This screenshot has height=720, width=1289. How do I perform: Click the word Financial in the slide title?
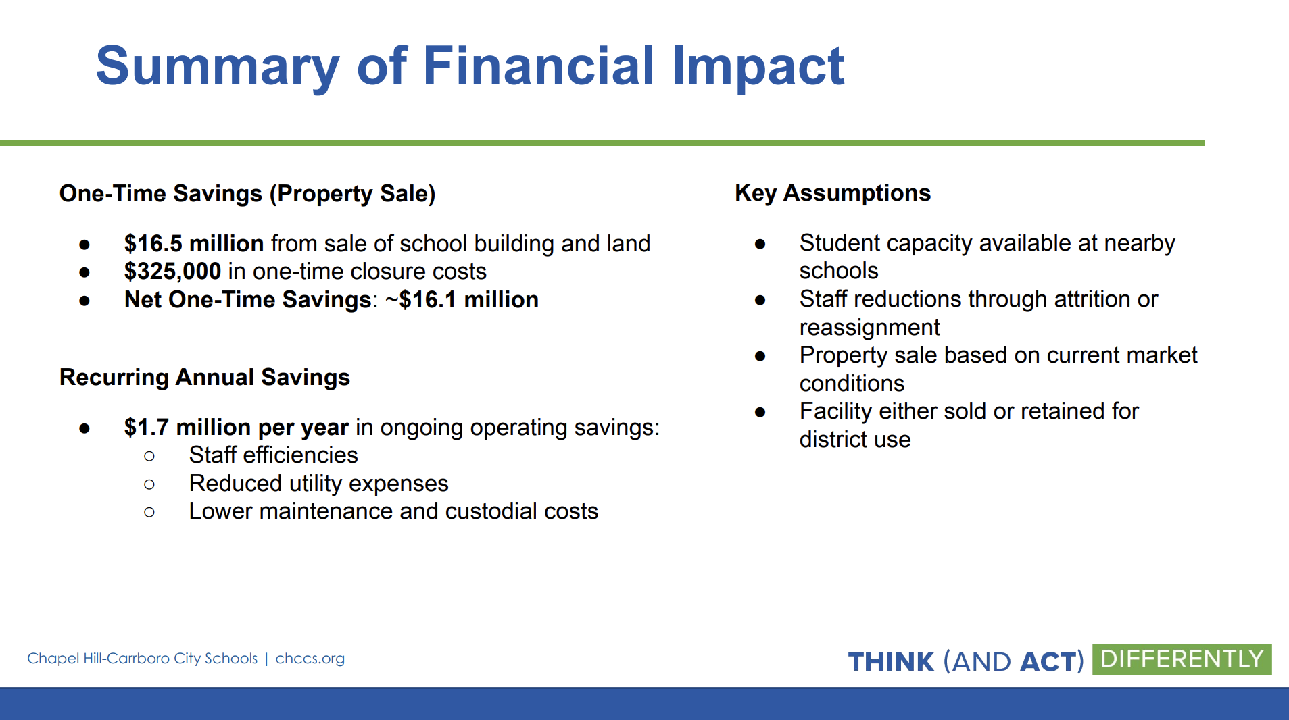coord(539,66)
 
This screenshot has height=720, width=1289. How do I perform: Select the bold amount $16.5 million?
coord(194,243)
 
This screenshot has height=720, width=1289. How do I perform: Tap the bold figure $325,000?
coord(172,272)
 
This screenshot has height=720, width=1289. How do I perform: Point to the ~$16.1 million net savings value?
coord(462,299)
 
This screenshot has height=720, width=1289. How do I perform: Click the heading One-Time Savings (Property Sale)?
coord(247,194)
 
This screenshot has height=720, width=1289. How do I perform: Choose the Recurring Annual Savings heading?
coord(205,377)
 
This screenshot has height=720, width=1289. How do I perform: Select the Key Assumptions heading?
coord(833,193)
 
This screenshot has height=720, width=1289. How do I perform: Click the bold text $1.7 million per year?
coord(237,428)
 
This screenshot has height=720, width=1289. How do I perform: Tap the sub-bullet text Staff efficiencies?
coord(273,455)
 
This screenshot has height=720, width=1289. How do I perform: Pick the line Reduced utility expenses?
coord(318,484)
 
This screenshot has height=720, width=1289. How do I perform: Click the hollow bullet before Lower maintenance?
coord(149,513)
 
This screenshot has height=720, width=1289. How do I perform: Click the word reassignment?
coord(869,328)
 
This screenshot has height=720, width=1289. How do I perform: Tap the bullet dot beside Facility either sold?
coord(760,412)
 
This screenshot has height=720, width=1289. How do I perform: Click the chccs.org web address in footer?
coord(310,659)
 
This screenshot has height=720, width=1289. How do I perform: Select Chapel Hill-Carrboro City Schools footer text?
coord(143,659)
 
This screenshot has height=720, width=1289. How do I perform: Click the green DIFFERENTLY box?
coord(1182,659)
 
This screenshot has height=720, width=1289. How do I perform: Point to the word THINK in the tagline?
coord(891,662)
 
